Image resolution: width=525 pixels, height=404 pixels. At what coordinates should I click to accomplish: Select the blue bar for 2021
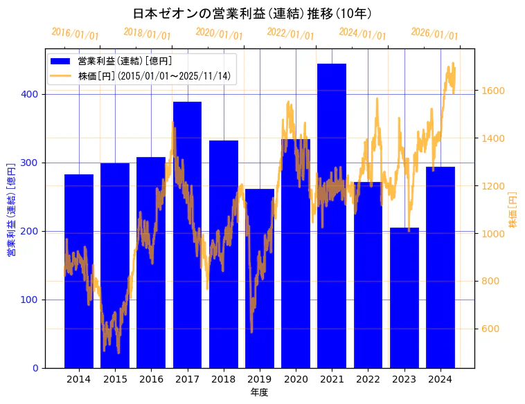[x=332, y=215]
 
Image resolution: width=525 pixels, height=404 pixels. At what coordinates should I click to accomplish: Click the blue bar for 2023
[x=404, y=297]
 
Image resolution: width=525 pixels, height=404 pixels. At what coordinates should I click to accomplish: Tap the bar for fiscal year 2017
[x=187, y=235]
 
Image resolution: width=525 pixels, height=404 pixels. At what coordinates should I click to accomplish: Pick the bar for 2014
[x=79, y=270]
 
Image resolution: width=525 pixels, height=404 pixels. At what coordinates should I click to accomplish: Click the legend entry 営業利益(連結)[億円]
[x=125, y=62]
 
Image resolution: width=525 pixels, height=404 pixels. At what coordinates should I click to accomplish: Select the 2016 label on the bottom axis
[x=151, y=379]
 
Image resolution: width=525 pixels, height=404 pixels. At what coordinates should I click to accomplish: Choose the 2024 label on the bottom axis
[x=441, y=379]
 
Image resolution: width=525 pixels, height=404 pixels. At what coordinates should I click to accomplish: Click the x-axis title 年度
[x=259, y=392]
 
